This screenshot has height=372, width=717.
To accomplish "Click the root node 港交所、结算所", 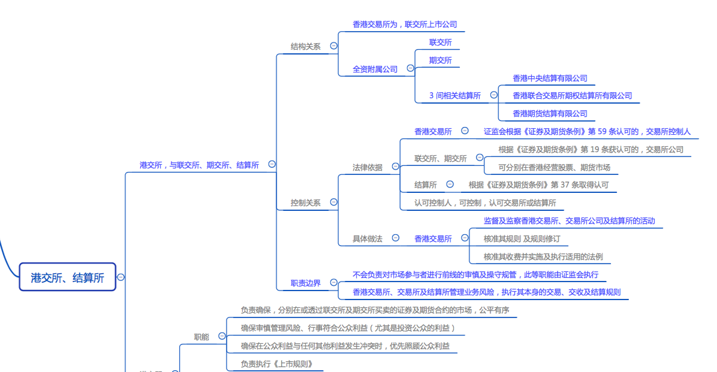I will (67, 277).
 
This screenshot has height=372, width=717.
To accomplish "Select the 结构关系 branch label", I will (305, 46).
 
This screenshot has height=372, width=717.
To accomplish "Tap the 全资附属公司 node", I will (375, 69).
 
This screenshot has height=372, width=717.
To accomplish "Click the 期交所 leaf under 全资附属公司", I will (440, 60).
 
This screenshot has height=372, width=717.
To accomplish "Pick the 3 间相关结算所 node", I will (454, 95).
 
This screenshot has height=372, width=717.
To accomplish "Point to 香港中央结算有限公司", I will (550, 78).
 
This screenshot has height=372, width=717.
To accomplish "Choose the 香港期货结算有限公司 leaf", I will (550, 113).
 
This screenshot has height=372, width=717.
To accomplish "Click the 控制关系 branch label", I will (305, 202).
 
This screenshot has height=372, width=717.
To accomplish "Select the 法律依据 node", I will (367, 167).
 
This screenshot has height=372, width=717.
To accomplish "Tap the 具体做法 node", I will (367, 238).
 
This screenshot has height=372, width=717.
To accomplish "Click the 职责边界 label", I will (305, 283).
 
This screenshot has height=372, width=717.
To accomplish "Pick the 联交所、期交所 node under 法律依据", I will (440, 158).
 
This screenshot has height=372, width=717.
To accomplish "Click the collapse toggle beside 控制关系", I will (334, 202).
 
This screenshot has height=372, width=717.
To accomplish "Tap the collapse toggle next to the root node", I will (121, 277).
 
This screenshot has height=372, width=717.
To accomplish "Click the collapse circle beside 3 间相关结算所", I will (494, 95).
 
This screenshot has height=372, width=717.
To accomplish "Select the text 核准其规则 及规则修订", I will (522, 238).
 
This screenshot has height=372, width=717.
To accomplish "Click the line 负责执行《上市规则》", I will (276, 364).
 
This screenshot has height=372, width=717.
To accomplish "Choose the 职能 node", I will (201, 337).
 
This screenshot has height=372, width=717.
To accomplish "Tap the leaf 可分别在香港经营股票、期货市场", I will (554, 167).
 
